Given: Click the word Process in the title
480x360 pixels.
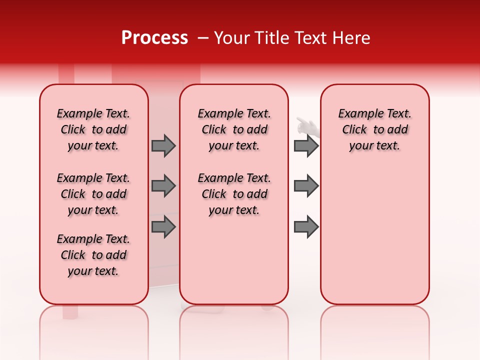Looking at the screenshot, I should pyautogui.click(x=154, y=38).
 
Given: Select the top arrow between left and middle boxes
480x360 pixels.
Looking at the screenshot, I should pyautogui.click(x=163, y=145).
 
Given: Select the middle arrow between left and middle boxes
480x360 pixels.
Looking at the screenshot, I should pyautogui.click(x=163, y=186).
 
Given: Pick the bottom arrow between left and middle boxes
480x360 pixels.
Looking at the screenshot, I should pyautogui.click(x=163, y=227).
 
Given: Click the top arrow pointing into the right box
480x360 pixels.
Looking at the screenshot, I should pyautogui.click(x=306, y=145).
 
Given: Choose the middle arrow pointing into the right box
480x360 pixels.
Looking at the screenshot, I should pyautogui.click(x=306, y=186).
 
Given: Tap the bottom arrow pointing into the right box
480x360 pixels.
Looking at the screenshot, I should pyautogui.click(x=306, y=227).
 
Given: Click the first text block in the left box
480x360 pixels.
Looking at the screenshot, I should pyautogui.click(x=93, y=129).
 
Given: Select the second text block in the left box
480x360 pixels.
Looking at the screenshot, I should pyautogui.click(x=93, y=194).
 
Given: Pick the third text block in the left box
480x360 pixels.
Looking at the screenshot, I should pyautogui.click(x=93, y=255).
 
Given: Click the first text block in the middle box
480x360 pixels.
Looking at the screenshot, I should pyautogui.click(x=234, y=129).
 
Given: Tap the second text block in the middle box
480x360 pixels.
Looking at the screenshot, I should pyautogui.click(x=234, y=194).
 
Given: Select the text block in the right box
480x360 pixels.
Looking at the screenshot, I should pyautogui.click(x=374, y=129).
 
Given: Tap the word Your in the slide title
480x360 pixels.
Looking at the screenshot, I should pyautogui.click(x=230, y=38).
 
